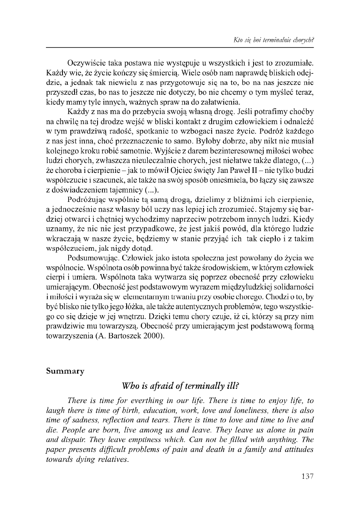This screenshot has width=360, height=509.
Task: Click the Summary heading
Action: pyautogui.click(x=65, y=371)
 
